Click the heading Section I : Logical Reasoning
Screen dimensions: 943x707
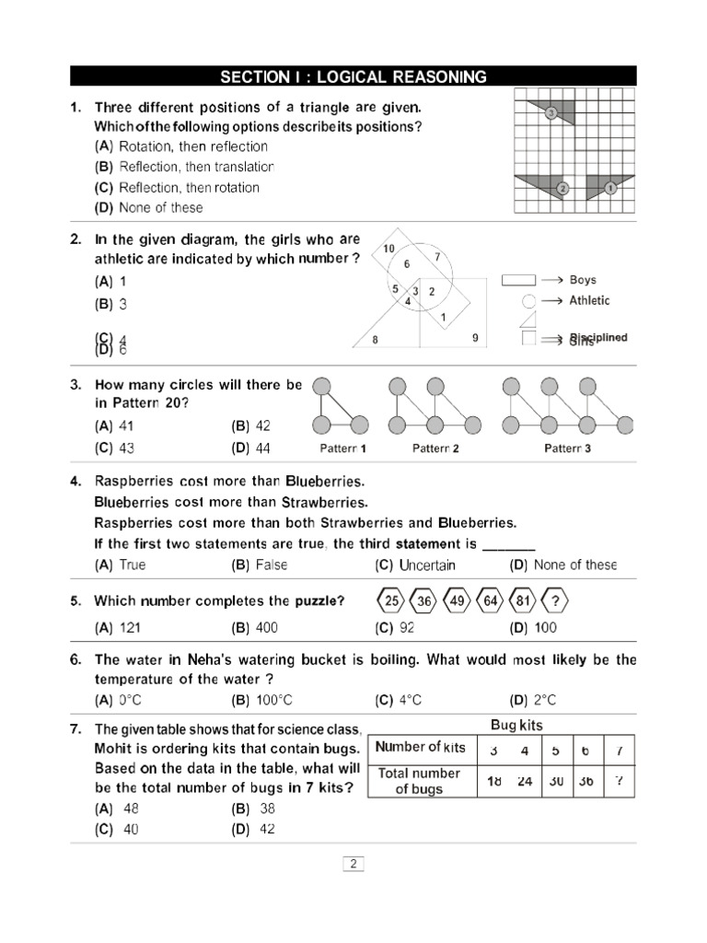[353, 76]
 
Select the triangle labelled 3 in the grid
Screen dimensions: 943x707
[558, 112]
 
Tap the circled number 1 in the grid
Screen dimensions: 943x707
[609, 188]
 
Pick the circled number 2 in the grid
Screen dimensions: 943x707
[562, 188]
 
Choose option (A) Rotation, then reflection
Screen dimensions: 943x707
[180, 146]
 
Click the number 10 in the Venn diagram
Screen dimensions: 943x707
[388, 249]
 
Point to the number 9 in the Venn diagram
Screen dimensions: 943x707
[475, 338]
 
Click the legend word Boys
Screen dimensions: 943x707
[583, 280]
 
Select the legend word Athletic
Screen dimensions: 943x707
[589, 300]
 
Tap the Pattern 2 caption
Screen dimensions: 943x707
[435, 449]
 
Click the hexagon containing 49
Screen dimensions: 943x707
[457, 601]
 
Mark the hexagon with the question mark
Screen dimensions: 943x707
[554, 601]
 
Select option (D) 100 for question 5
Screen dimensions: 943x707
[533, 628]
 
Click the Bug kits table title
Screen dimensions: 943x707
[516, 725]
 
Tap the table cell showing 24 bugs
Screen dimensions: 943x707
[524, 781]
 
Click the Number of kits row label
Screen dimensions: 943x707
[421, 747]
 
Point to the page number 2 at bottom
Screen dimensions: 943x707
[353, 864]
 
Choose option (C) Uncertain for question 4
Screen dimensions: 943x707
[414, 565]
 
